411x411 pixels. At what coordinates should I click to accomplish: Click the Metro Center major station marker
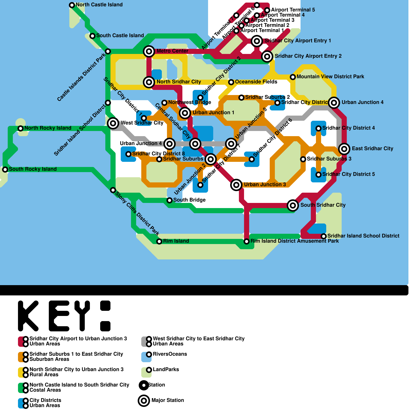point(149,51)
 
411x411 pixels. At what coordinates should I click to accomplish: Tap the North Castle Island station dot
point(72,5)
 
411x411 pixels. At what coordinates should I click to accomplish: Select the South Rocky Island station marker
point(5,170)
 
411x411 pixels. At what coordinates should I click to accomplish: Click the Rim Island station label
point(176,241)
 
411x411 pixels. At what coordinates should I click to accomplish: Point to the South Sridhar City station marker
point(293,206)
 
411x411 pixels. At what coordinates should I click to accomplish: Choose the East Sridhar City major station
point(344,149)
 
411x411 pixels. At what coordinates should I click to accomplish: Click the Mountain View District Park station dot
point(293,77)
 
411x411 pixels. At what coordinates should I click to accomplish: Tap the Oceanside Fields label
point(256,82)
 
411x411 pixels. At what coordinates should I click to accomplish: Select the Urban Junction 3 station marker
point(236,185)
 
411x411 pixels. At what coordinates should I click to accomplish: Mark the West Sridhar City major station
point(113,123)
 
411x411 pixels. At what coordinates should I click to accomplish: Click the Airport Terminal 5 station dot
point(267,10)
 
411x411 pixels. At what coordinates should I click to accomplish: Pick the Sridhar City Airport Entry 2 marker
point(267,56)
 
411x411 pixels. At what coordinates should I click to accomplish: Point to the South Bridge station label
point(189,200)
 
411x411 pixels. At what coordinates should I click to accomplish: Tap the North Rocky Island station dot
point(21,128)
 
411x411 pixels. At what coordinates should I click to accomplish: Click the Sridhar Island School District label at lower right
point(363,236)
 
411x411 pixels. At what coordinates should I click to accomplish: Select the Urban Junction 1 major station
point(185,113)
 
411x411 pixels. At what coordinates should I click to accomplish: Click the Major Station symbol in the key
point(144,400)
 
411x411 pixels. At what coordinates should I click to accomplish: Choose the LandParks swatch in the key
point(146,372)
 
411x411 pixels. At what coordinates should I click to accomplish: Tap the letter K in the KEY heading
point(28,316)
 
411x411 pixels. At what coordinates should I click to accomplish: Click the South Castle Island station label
point(120,36)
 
